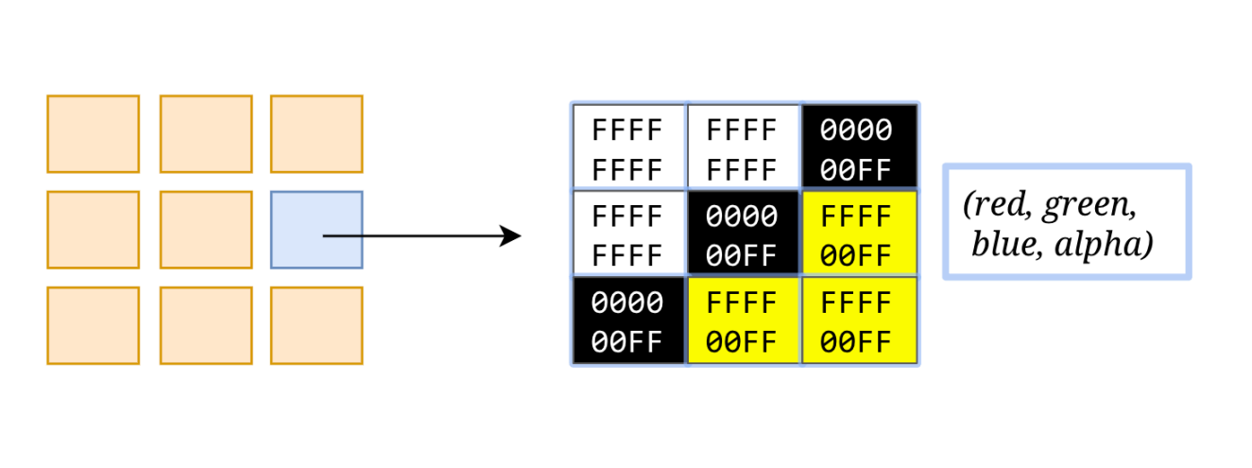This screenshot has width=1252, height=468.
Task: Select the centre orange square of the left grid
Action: tap(205, 230)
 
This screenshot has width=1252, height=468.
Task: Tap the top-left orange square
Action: tap(93, 133)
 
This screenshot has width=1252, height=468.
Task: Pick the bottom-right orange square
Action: tap(316, 325)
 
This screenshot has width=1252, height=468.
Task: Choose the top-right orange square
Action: tap(316, 133)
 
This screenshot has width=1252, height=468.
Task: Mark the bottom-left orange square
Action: tap(93, 325)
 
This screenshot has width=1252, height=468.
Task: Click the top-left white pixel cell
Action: tap(628, 147)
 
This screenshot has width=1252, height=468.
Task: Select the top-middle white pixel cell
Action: tap(743, 147)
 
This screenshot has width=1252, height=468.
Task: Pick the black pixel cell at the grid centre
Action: tap(743, 234)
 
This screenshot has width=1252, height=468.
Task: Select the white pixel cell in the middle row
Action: tap(628, 234)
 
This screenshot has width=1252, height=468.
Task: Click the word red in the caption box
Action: tap(997, 205)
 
